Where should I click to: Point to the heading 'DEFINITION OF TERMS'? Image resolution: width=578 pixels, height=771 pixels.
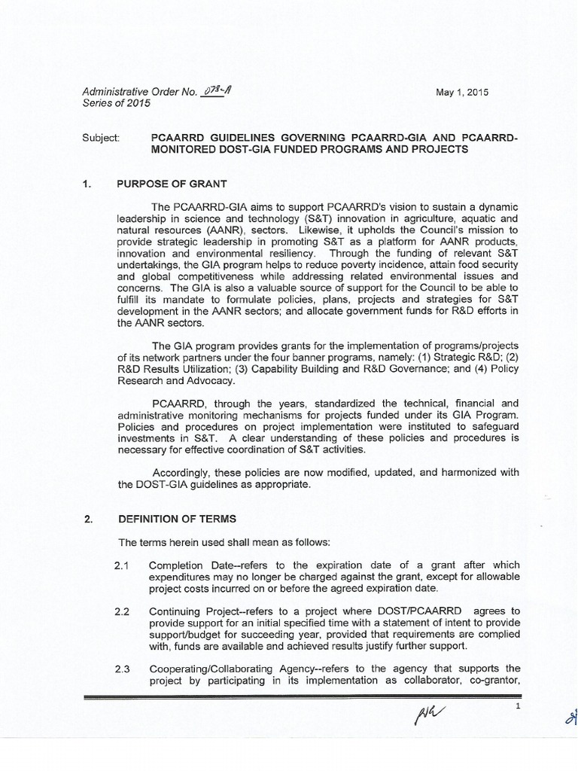coord(176,519)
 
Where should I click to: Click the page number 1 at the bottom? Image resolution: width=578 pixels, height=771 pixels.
coord(519,706)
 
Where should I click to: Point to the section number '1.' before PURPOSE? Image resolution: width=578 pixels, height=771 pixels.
coord(88,184)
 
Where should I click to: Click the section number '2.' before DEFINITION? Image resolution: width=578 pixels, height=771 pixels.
coord(88,519)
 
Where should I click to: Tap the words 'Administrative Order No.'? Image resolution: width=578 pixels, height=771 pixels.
coord(139,92)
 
